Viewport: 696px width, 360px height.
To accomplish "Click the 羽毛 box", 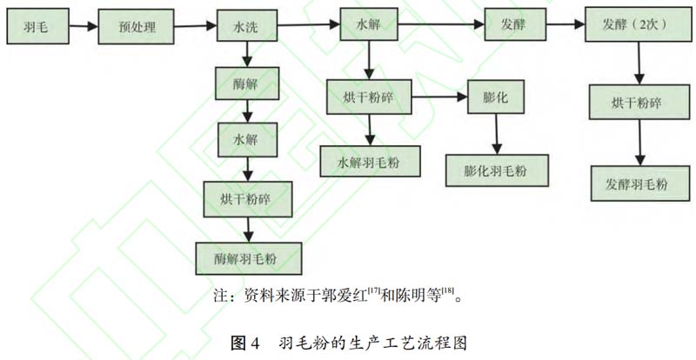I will (x=37, y=26).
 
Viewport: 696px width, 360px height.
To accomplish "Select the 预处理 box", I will (x=137, y=26).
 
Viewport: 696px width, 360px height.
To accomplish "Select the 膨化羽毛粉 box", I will (x=499, y=170).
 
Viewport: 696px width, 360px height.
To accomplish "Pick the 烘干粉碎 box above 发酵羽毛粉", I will (x=636, y=103).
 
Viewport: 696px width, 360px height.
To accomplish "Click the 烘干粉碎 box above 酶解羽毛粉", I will (x=248, y=199).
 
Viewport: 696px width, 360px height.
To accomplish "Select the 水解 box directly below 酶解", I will (x=246, y=139).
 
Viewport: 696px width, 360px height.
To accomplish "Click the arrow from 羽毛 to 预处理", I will (x=83, y=26).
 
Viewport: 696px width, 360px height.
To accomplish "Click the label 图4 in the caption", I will (x=245, y=342).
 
